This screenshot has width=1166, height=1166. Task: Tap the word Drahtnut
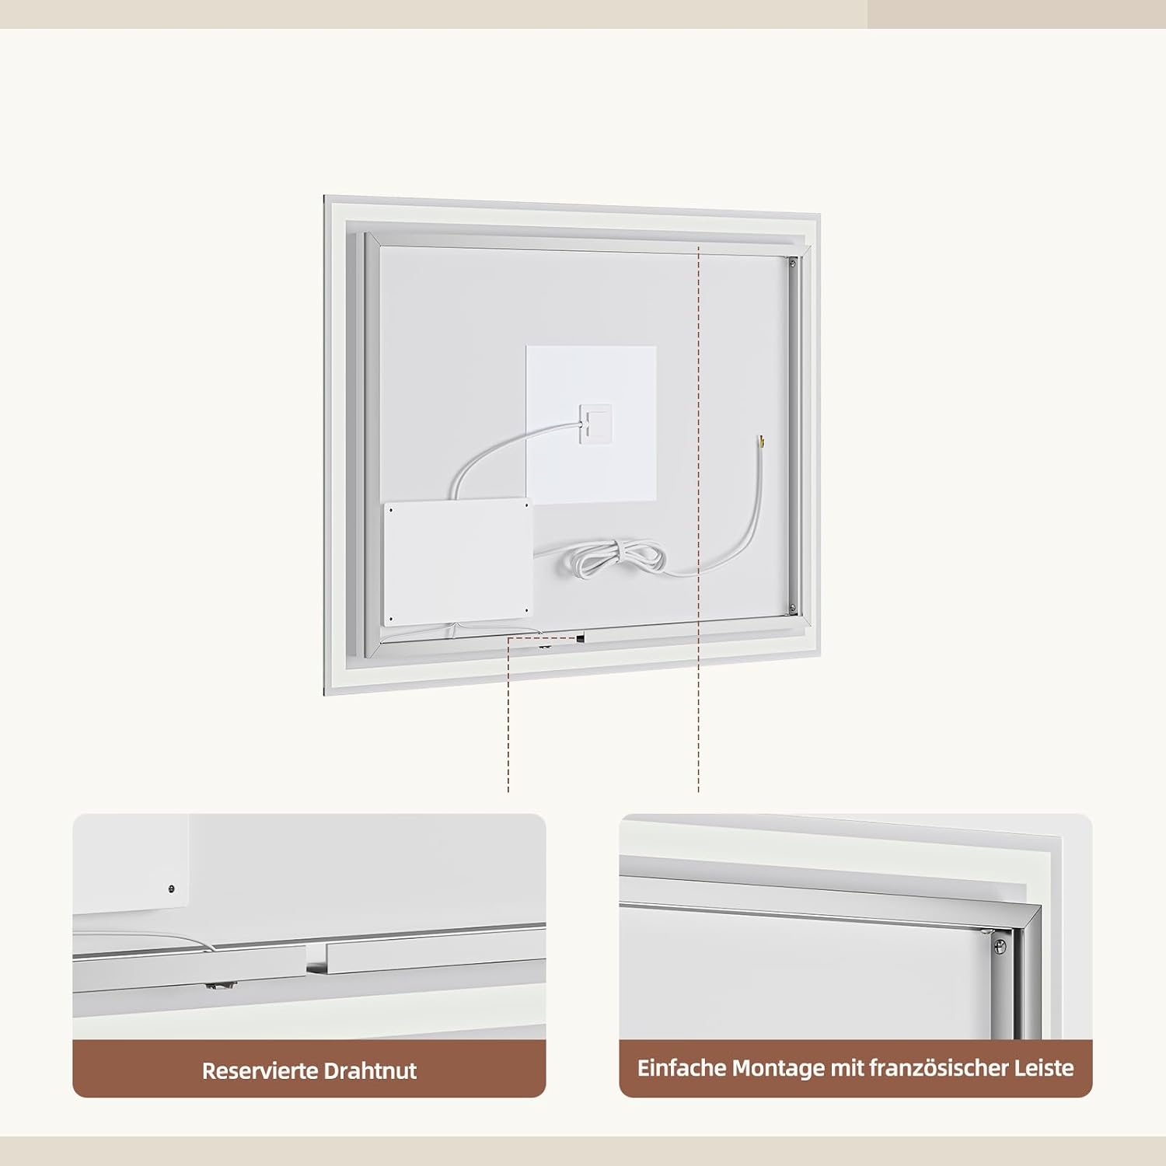[x=370, y=1070]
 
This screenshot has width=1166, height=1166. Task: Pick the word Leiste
[x=1044, y=1067]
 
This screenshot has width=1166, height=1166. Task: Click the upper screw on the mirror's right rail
[x=792, y=264]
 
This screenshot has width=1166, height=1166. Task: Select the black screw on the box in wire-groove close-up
[x=172, y=888]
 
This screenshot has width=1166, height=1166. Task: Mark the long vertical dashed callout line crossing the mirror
[x=699, y=519]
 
